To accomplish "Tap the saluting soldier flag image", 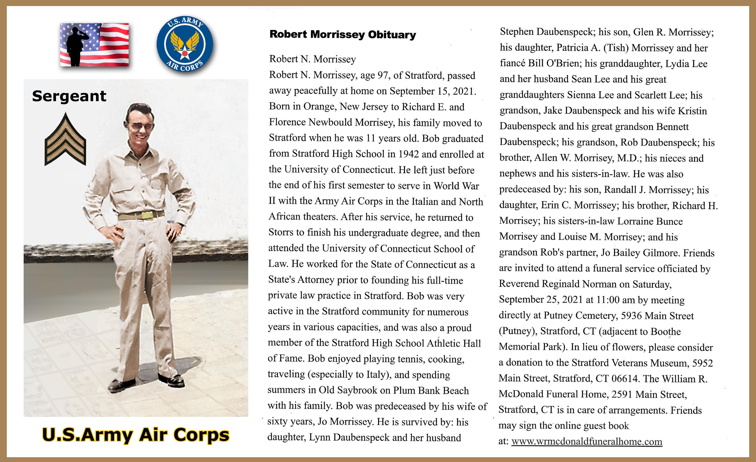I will click(x=94, y=45).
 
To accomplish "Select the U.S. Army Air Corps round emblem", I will click(x=184, y=44).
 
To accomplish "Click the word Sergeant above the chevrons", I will click(x=69, y=96).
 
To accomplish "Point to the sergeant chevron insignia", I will click(x=65, y=140).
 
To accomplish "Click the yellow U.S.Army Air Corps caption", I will click(x=136, y=435).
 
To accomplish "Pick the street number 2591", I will click(x=622, y=394).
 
